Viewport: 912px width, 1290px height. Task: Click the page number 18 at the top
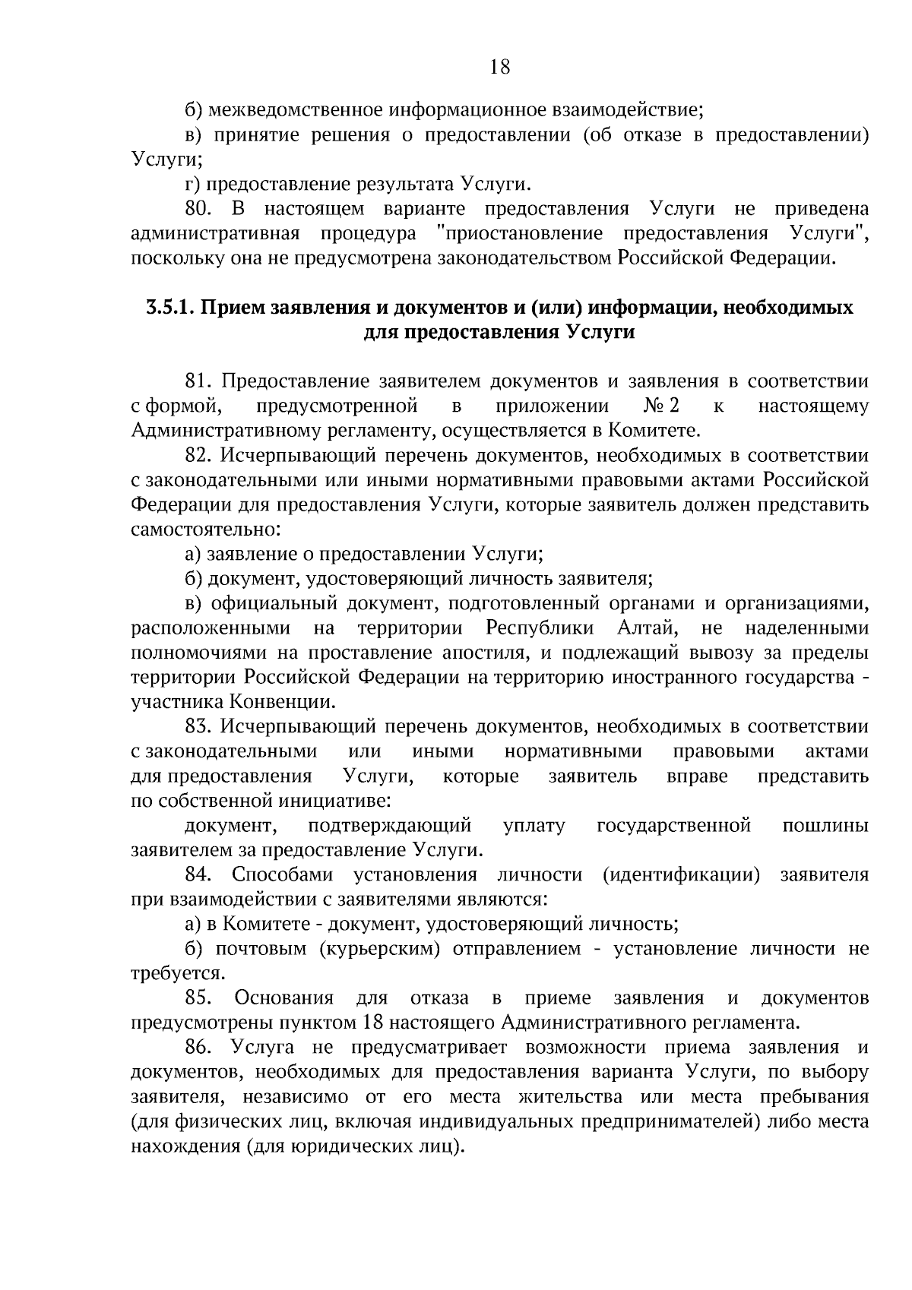tap(499, 67)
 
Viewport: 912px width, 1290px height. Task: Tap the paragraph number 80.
tap(201, 209)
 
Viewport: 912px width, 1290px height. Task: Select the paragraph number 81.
tap(201, 381)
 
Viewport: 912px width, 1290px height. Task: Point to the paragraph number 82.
tap(201, 455)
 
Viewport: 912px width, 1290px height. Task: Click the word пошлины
tap(825, 825)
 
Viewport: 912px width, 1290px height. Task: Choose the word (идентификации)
tap(681, 874)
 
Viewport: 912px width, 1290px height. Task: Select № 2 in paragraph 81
tap(660, 406)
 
